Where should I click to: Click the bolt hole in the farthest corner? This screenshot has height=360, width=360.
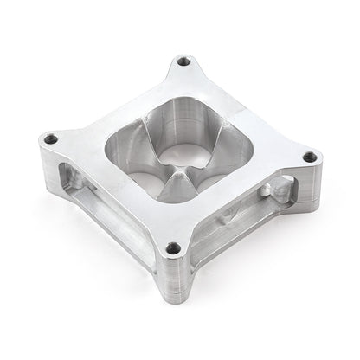pyautogui.click(x=183, y=61)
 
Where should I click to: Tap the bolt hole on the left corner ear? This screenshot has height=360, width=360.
pyautogui.click(x=51, y=138)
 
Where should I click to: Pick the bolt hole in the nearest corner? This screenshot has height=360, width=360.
pyautogui.click(x=174, y=248)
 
